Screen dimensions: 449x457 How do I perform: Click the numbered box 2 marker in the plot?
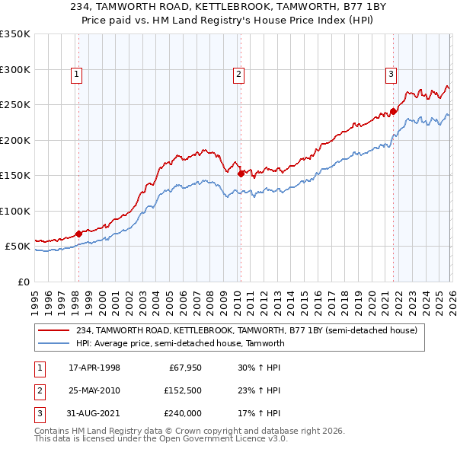(x=238, y=74)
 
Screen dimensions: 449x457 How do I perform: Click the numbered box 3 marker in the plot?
(x=390, y=74)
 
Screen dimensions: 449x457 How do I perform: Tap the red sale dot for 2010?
(x=241, y=174)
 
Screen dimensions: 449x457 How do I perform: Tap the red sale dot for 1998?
(x=78, y=234)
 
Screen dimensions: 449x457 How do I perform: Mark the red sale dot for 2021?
(x=393, y=111)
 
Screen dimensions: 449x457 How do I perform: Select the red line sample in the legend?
(x=55, y=331)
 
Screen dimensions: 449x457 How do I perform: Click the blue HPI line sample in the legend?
(x=55, y=343)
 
